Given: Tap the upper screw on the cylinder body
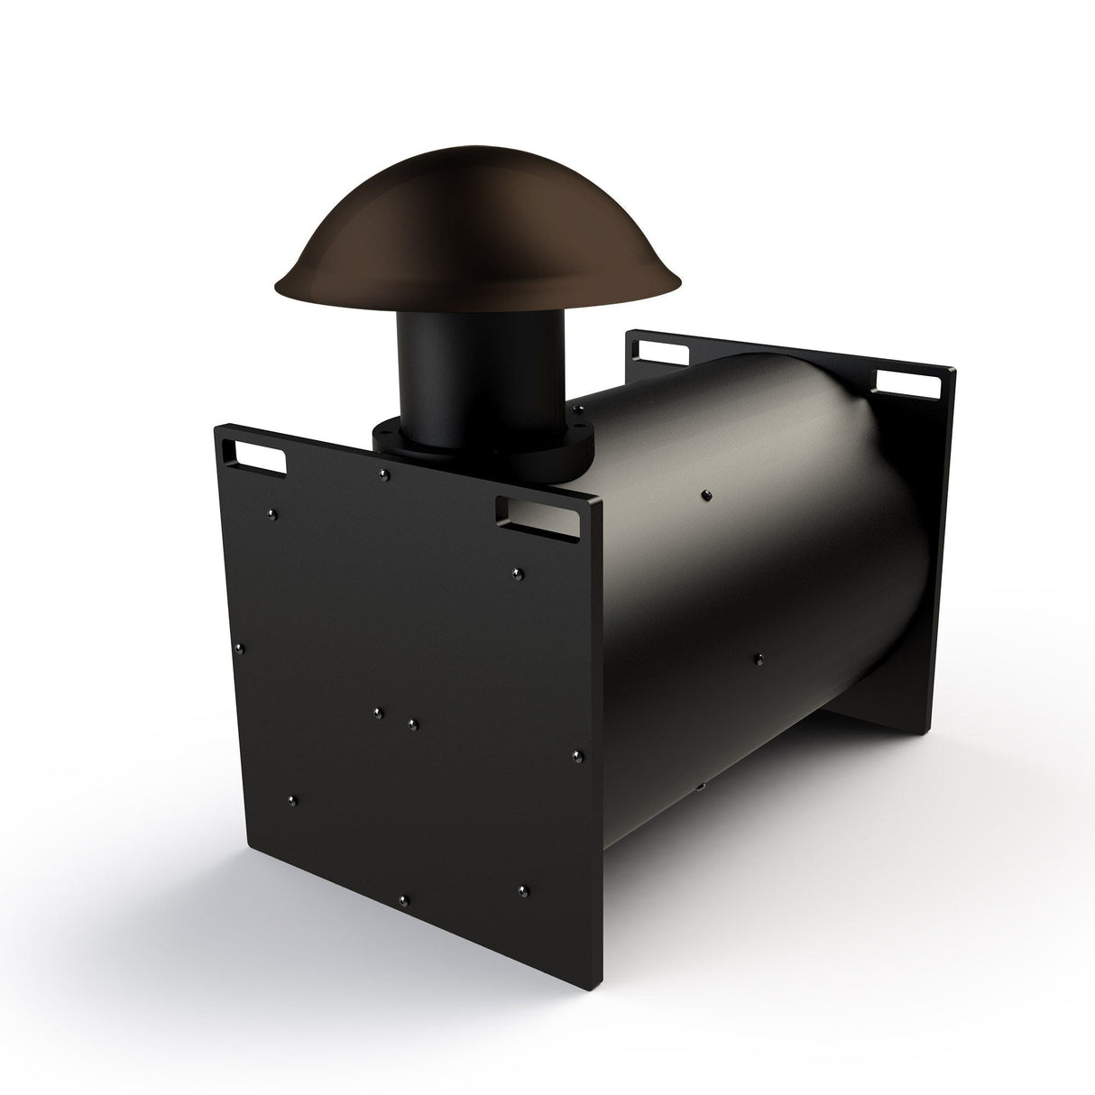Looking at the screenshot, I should point(704,493).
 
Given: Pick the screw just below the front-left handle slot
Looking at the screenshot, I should point(273,514).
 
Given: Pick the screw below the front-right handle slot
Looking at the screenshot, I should point(515,572).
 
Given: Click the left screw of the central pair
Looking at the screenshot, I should point(378,713).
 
